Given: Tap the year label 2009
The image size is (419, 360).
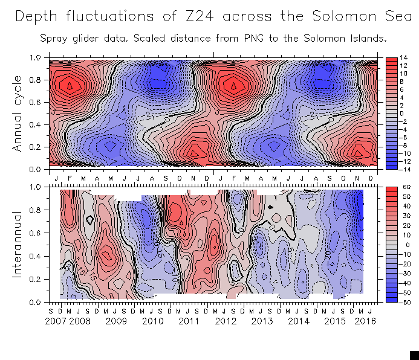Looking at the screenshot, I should coord(116,321).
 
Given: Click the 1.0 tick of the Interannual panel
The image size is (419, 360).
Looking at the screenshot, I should coord(36,187).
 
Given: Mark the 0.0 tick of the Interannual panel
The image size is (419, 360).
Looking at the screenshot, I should coord(36,302).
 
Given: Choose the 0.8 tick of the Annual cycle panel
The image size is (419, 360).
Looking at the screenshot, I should coord(36,80).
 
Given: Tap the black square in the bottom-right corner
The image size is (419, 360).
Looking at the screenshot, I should coord(414,355).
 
